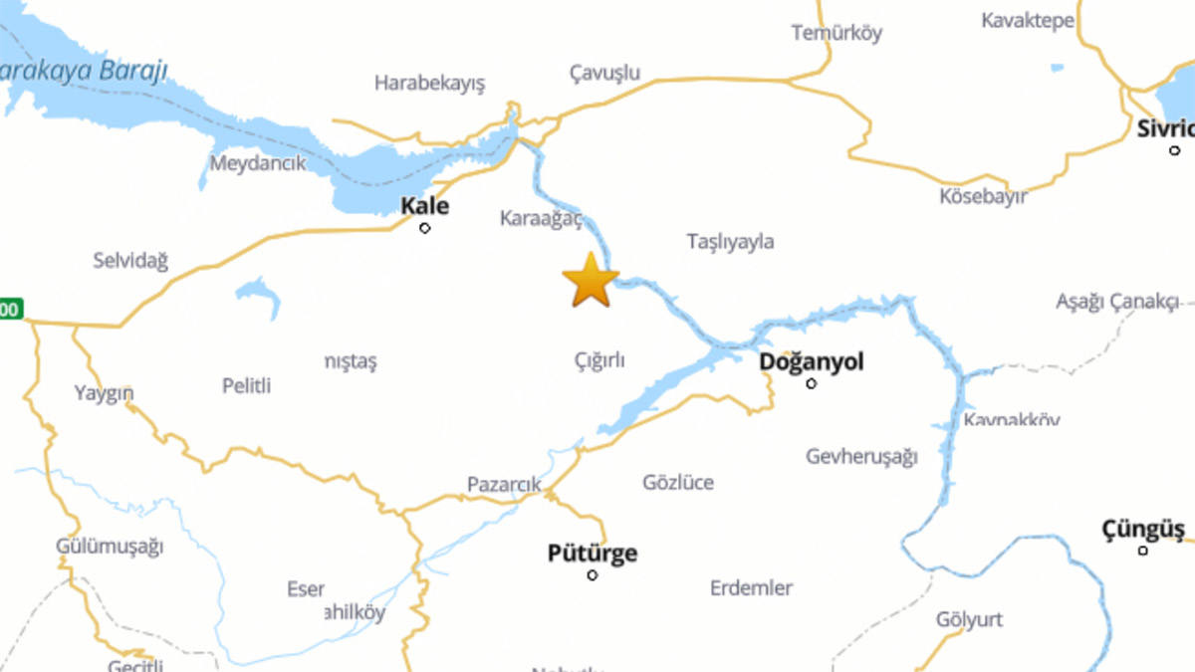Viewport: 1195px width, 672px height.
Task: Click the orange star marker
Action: click(591, 281)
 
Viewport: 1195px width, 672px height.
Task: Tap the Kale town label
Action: click(424, 207)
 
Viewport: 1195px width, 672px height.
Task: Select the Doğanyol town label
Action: click(812, 361)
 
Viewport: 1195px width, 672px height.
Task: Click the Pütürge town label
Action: click(593, 554)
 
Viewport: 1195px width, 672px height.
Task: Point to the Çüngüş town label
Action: click(1143, 529)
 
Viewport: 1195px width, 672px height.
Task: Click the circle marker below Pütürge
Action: click(593, 575)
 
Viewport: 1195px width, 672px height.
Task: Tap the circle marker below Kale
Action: click(425, 228)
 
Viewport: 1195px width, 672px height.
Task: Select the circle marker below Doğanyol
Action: click(811, 383)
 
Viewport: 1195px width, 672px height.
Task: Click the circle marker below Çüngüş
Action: click(1143, 551)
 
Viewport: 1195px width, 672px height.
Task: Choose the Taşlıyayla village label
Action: click(730, 242)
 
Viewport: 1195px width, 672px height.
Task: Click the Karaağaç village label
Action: click(541, 219)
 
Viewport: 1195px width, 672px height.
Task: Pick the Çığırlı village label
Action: click(599, 360)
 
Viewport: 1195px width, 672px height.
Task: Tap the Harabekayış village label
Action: click(429, 84)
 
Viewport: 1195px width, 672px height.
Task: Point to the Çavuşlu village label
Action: click(604, 73)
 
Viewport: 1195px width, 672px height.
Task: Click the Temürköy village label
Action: click(836, 33)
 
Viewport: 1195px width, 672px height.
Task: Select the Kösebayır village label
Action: click(983, 196)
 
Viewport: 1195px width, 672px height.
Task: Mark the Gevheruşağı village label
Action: click(861, 457)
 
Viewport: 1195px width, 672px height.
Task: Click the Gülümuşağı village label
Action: click(110, 547)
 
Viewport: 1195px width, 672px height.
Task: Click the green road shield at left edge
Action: click(10, 310)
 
